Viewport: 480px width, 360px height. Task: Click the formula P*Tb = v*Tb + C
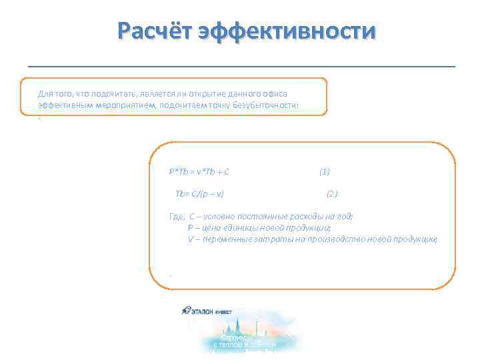click(x=199, y=171)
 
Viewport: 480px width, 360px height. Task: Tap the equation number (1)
click(x=325, y=171)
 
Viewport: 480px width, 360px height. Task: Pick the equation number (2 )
click(x=332, y=194)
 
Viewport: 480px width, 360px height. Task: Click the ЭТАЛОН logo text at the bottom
click(x=204, y=311)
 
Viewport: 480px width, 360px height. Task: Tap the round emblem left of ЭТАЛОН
click(x=185, y=310)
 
